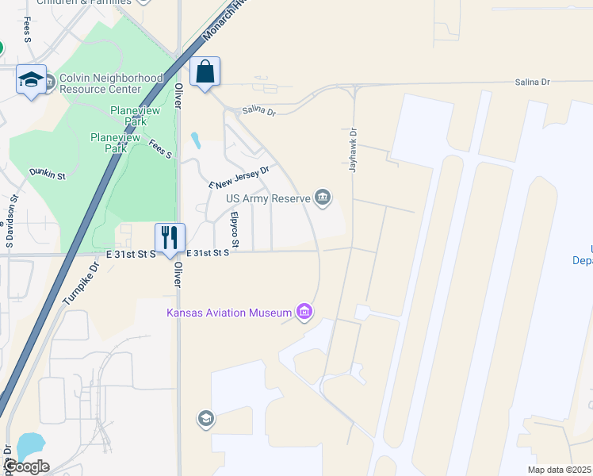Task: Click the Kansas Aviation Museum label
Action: tap(229, 313)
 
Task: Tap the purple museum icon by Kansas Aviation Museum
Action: tap(304, 313)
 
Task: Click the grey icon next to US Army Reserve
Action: tap(323, 198)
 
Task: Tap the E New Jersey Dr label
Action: tap(240, 176)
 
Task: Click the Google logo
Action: tap(26, 466)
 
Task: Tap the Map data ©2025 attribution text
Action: tap(560, 470)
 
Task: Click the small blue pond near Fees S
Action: tap(195, 141)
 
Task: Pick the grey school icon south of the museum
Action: tap(206, 418)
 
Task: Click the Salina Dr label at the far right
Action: tap(532, 82)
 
